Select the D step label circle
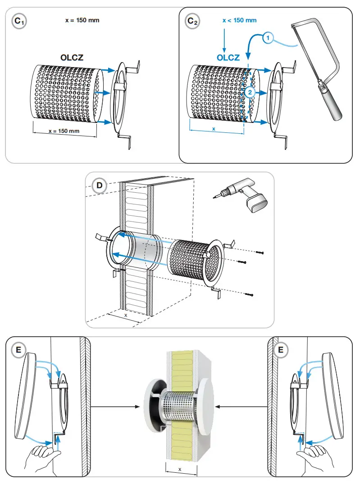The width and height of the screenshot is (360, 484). click(99, 185)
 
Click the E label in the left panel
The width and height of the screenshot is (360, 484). click(18, 349)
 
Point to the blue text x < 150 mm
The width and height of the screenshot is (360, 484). click(239, 21)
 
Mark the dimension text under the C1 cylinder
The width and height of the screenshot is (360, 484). click(64, 131)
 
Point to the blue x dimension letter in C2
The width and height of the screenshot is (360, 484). click(214, 128)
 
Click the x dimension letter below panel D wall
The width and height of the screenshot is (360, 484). click(126, 316)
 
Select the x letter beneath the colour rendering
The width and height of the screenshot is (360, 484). click(180, 469)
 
